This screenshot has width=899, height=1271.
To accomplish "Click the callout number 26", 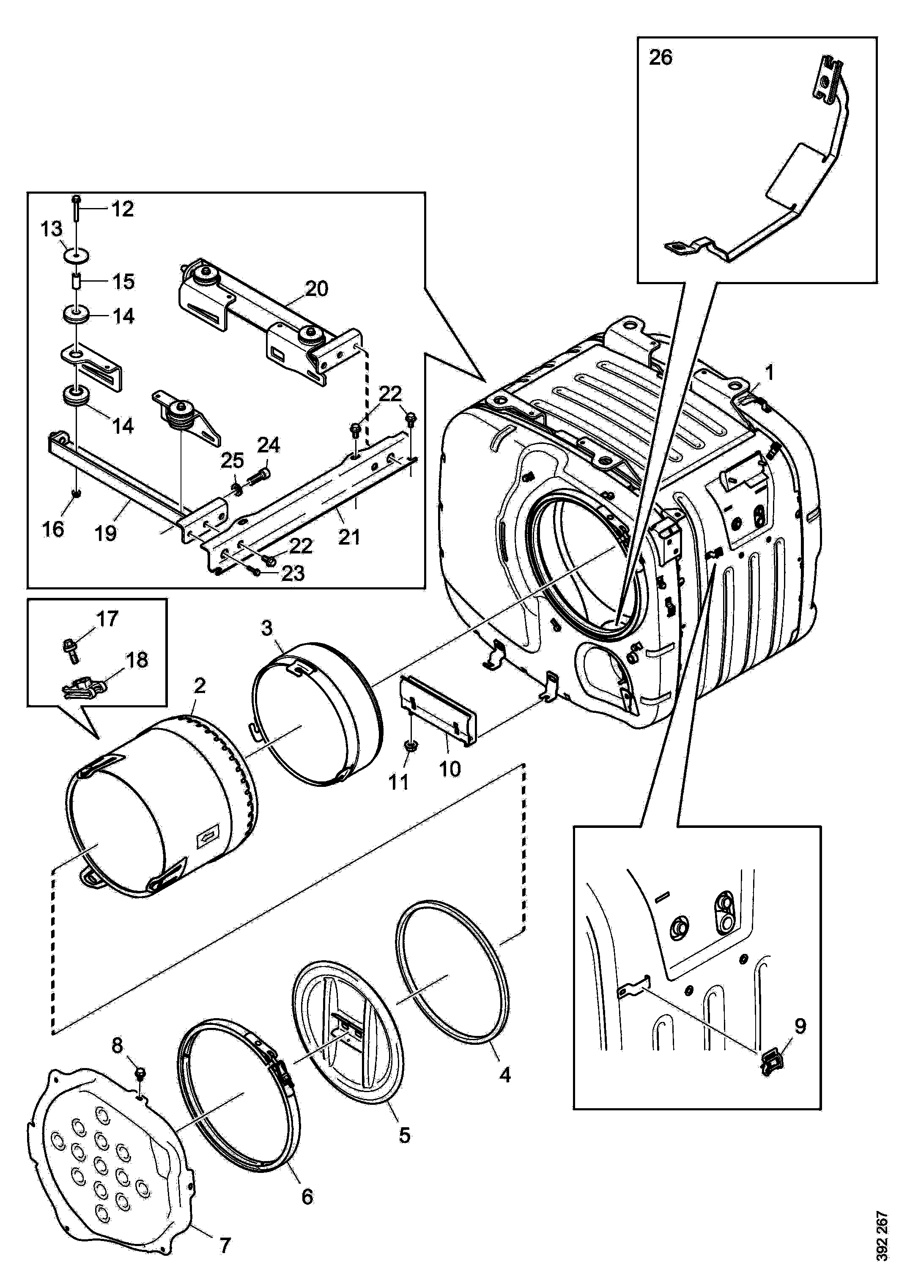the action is click(x=661, y=57).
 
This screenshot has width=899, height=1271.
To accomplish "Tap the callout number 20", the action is click(x=316, y=288).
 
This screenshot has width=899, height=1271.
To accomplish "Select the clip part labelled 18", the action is click(x=82, y=686).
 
